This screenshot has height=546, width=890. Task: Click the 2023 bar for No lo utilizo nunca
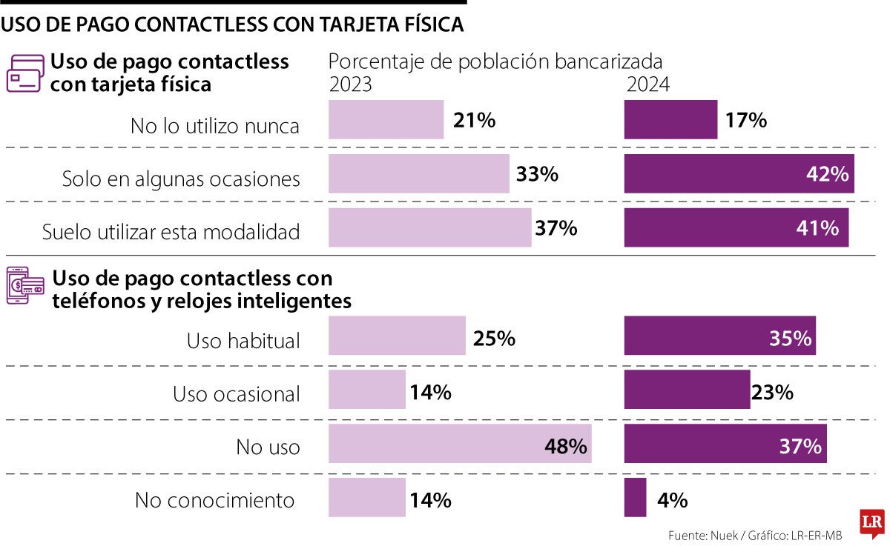pos(386,119)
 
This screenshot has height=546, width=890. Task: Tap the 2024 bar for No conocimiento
pos(635,497)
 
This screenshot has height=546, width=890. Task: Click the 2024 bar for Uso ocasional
pos(687,390)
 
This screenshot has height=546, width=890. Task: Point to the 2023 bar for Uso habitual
pos(397,336)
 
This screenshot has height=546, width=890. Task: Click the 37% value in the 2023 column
pos(556,228)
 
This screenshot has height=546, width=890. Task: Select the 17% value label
pos(745,120)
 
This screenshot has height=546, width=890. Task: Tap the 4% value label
pos(672,500)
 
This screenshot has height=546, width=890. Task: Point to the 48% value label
pos(566,446)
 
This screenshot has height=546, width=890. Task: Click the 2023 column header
pos(351,84)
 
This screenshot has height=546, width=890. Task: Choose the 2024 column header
pos(647,84)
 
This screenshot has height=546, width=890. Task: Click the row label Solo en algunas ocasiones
pos(181,179)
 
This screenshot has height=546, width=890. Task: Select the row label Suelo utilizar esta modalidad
pos(171,232)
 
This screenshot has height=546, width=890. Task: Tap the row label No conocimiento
pos(214,500)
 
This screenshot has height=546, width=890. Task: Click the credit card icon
pos(24,73)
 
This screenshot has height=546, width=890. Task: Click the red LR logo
pos(871,522)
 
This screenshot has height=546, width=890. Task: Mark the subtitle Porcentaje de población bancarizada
pos(495,61)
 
